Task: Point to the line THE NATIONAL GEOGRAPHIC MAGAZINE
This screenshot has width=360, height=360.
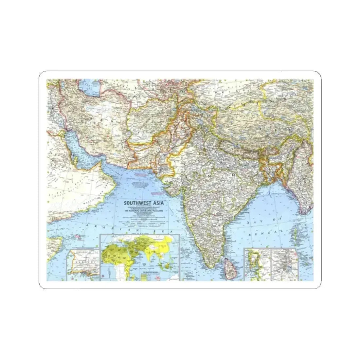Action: point(144,211)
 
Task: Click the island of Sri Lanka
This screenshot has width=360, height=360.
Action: point(227,265)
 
